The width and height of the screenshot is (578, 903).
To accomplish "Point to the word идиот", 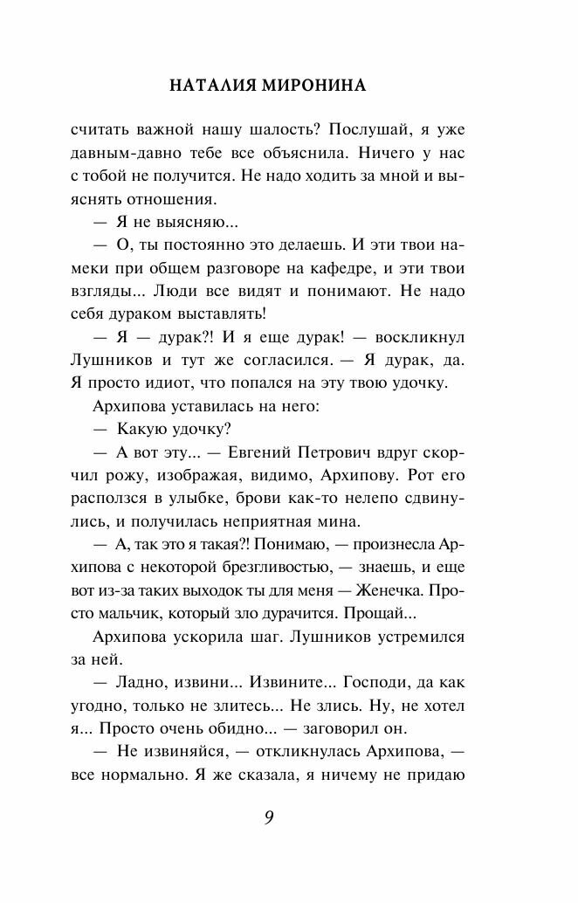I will pyautogui.click(x=155, y=383).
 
